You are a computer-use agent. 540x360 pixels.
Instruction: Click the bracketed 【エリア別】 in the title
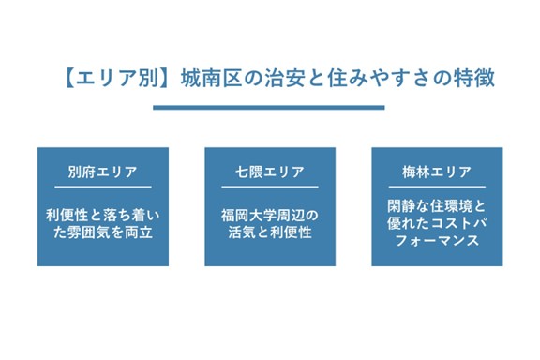[x=113, y=77]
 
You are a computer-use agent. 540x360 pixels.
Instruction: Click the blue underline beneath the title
[x=269, y=107]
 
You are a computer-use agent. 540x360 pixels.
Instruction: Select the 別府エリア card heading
[x=103, y=172]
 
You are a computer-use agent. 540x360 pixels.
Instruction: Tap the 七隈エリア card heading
[x=270, y=172]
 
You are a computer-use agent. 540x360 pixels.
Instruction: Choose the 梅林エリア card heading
[x=437, y=172]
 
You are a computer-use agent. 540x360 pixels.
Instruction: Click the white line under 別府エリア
[x=103, y=187]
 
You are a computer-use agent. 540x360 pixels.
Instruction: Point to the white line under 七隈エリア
[x=270, y=187]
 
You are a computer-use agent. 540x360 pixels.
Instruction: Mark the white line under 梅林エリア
[x=437, y=187]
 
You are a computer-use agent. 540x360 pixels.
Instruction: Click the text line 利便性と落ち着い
[x=103, y=213]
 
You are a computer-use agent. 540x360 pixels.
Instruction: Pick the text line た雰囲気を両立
[x=103, y=231]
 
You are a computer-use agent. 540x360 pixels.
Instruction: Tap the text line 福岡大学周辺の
[x=270, y=213]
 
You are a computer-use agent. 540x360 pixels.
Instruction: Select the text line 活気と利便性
[x=270, y=231]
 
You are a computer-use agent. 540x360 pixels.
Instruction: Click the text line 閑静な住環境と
[x=437, y=205]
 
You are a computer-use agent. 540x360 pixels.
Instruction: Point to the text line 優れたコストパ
[x=437, y=223]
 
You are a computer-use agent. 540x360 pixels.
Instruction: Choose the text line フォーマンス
[x=437, y=241]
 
